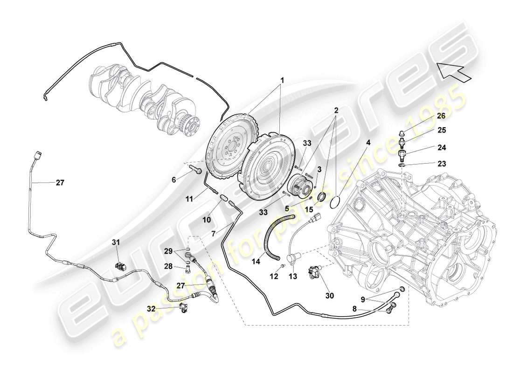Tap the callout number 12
pos(274,276)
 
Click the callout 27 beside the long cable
pos(60,183)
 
